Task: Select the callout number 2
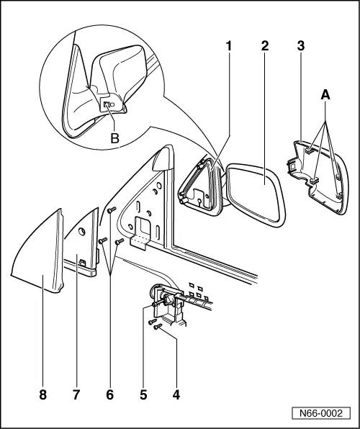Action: [x=265, y=46]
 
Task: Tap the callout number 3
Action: [x=300, y=46]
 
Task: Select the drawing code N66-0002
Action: [x=320, y=414]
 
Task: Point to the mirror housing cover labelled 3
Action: [x=317, y=173]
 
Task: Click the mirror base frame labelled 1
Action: [x=198, y=189]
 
